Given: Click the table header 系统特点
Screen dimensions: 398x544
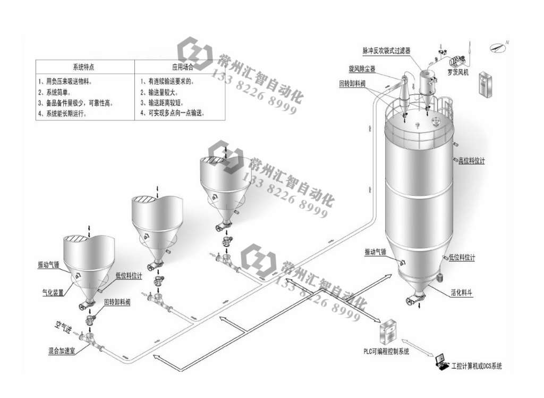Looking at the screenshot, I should (84, 68).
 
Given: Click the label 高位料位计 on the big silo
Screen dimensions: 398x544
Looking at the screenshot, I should (472, 161).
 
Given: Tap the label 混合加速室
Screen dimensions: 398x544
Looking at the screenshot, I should (61, 352).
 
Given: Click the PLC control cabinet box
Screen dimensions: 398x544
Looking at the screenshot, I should (388, 332).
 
